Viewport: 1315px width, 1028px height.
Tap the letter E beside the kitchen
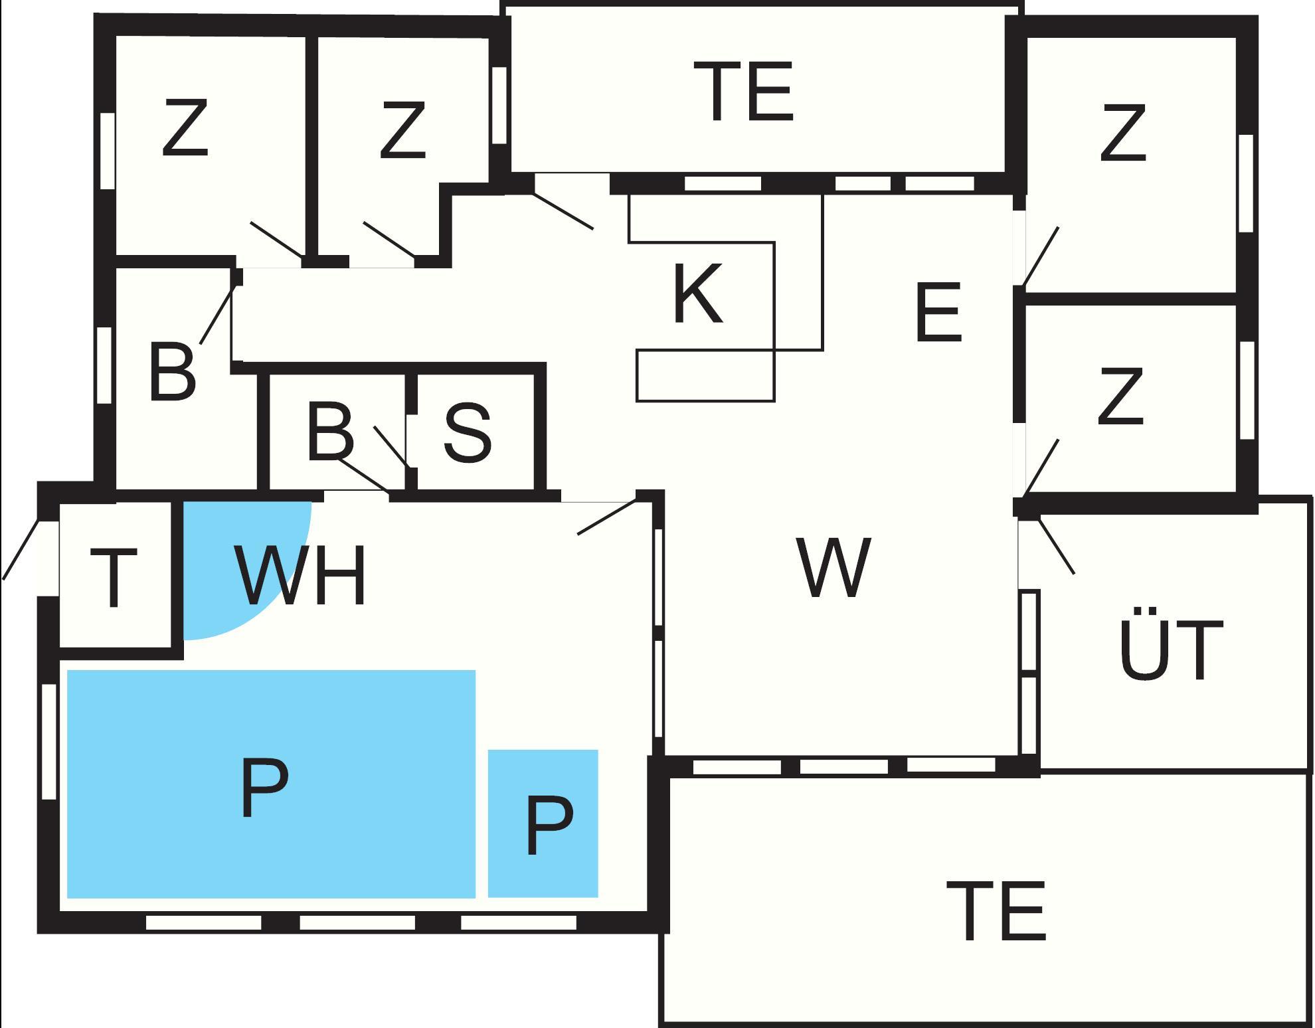pyautogui.click(x=938, y=312)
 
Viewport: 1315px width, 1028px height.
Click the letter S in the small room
pyautogui.click(x=468, y=432)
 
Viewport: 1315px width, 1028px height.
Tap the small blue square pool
pyautogui.click(x=543, y=823)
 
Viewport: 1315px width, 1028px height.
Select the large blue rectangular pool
pyautogui.click(x=271, y=784)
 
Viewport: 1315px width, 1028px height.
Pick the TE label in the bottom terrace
pyautogui.click(x=996, y=910)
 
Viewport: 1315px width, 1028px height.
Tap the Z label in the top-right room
pyautogui.click(x=1123, y=133)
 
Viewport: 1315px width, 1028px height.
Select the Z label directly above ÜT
pyautogui.click(x=1120, y=396)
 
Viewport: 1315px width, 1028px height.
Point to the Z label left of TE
pyautogui.click(x=402, y=130)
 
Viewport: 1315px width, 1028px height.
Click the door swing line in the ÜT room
pyautogui.click(x=1056, y=546)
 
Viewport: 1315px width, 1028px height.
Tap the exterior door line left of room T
pyautogui.click(x=21, y=550)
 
